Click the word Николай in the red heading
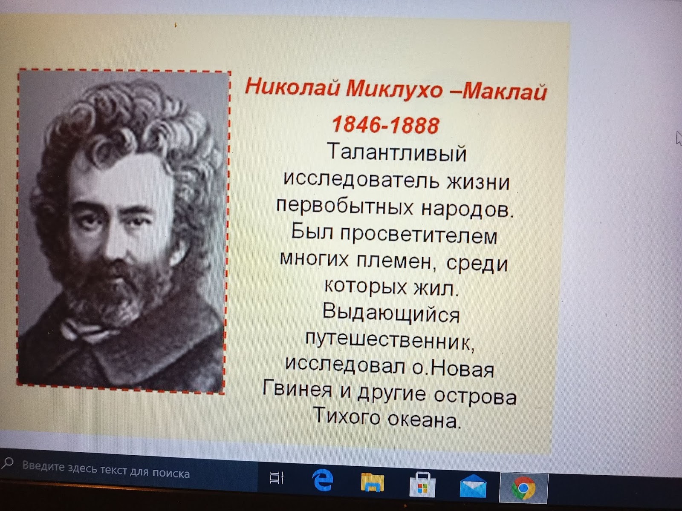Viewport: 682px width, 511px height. (292, 86)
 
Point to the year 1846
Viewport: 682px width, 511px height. (354, 125)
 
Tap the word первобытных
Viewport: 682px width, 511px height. (345, 207)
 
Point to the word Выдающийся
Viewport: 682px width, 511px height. (391, 314)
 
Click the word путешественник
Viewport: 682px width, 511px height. (390, 340)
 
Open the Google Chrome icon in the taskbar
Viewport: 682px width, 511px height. (523, 488)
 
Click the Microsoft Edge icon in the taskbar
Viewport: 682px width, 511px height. (323, 480)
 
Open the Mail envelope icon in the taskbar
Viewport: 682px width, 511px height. (473, 486)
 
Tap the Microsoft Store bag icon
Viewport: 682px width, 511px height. (422, 484)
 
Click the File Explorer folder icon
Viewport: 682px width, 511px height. (372, 482)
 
